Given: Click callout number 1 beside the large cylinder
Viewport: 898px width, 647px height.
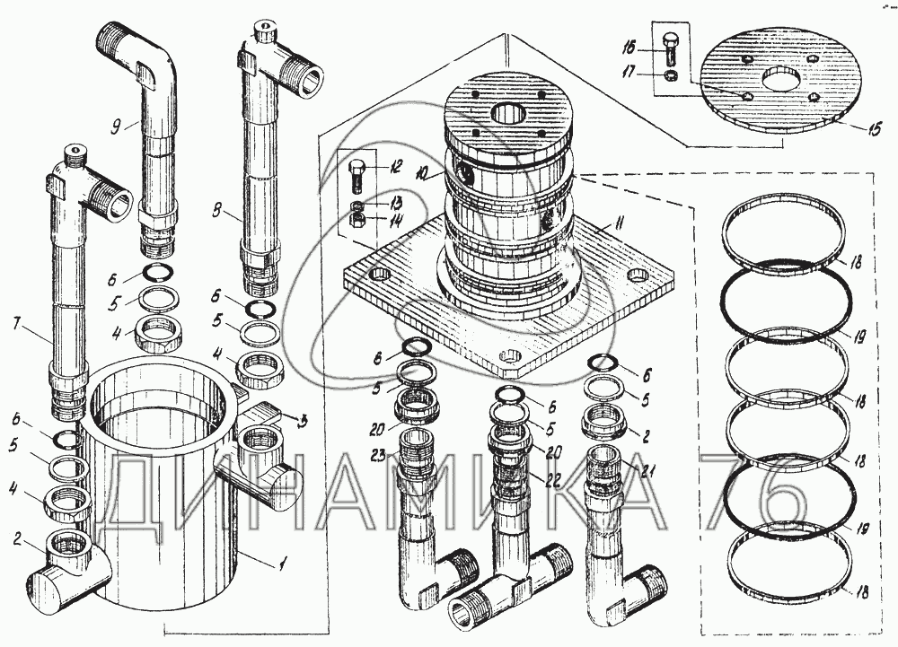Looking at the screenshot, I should point(284,564).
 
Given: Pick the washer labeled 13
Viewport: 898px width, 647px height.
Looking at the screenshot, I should point(357,207).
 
